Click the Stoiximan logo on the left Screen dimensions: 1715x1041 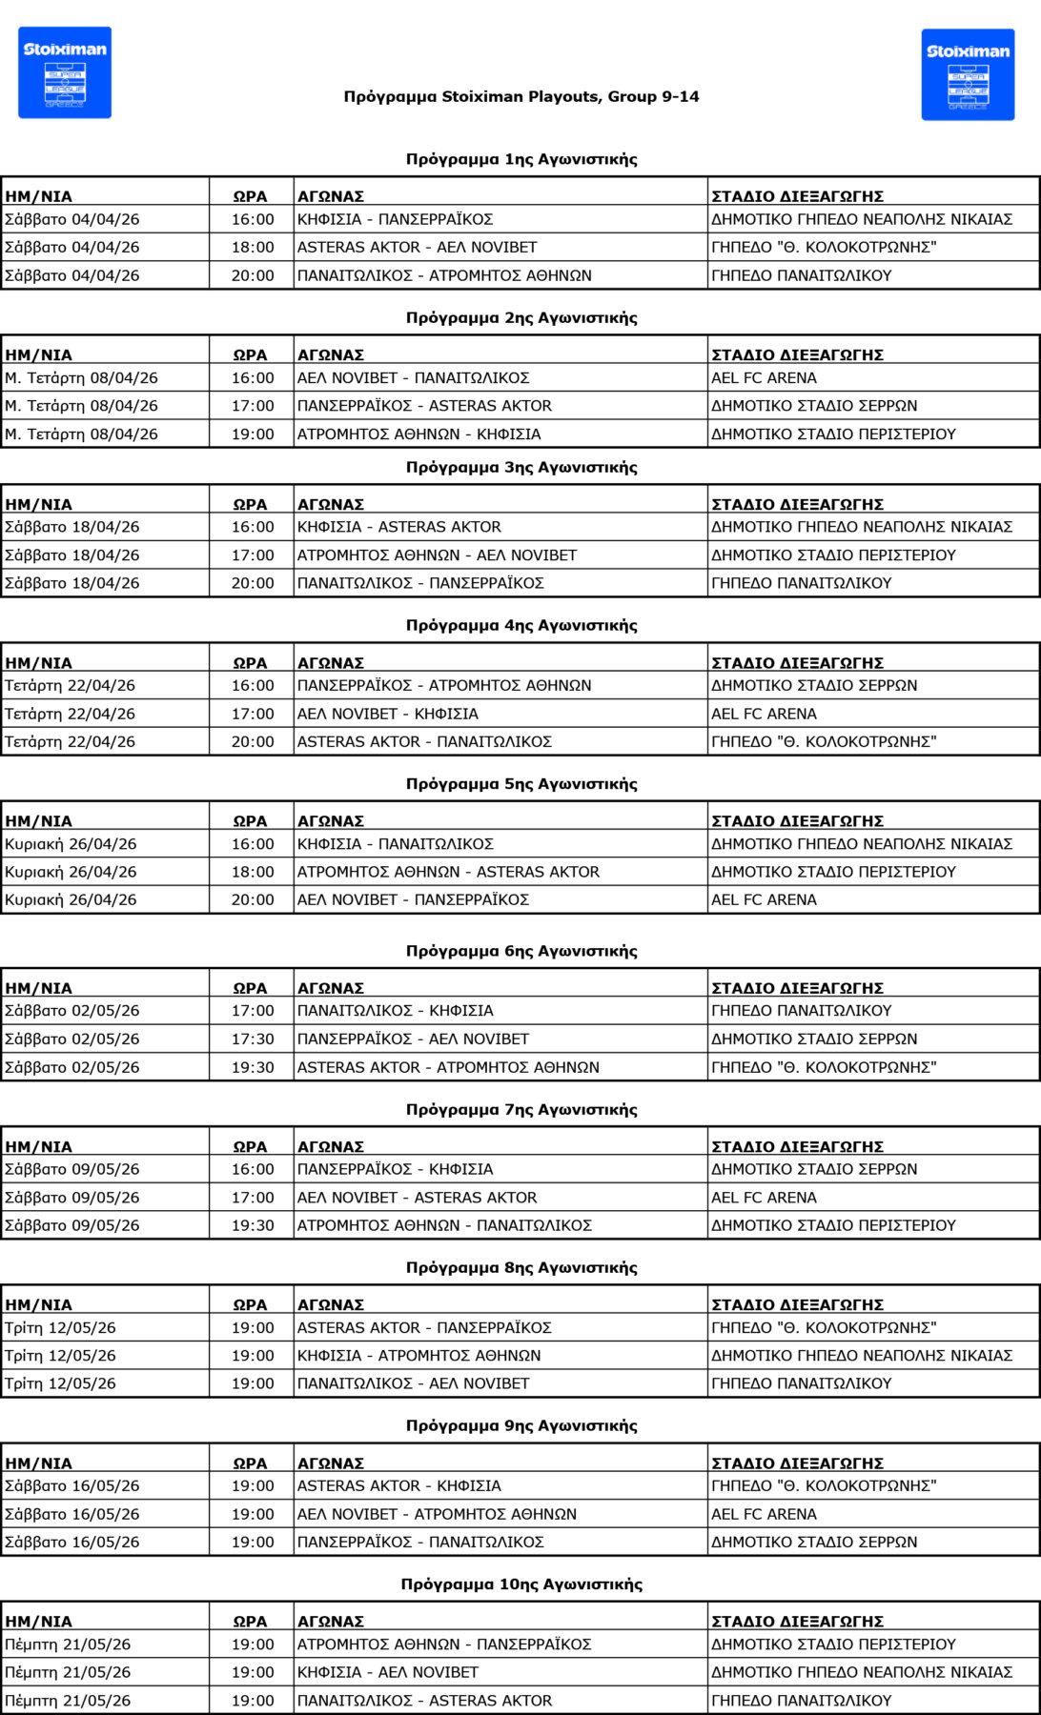pyautogui.click(x=65, y=72)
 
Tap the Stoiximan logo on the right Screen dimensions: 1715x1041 pyautogui.click(x=968, y=74)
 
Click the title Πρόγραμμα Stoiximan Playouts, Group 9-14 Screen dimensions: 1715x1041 pyautogui.click(x=521, y=96)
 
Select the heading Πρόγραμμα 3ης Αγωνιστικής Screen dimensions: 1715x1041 pyautogui.click(x=521, y=467)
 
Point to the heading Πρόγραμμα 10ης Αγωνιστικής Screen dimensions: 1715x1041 pyautogui.click(x=521, y=1584)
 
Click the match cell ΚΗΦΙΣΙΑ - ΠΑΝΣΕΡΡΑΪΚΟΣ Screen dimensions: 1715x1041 pyautogui.click(x=395, y=219)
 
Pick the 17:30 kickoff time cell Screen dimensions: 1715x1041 pyautogui.click(x=253, y=1039)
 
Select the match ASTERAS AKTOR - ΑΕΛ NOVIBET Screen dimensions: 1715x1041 pyautogui.click(x=417, y=247)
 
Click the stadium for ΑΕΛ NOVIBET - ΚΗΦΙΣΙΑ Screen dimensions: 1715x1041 pyautogui.click(x=764, y=714)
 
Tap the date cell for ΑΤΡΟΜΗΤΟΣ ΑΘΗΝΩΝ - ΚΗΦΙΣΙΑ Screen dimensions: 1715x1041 pyautogui.click(x=81, y=434)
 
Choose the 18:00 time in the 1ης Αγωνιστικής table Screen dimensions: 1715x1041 pyautogui.click(x=253, y=247)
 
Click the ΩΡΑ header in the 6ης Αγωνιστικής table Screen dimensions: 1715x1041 pyautogui.click(x=251, y=988)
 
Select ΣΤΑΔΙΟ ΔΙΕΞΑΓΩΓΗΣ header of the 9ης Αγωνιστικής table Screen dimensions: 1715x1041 pyautogui.click(x=797, y=1463)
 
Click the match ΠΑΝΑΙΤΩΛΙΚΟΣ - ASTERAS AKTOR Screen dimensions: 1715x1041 pyautogui.click(x=424, y=1700)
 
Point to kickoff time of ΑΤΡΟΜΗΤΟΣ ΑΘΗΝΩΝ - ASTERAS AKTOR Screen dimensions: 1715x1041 pyautogui.click(x=253, y=872)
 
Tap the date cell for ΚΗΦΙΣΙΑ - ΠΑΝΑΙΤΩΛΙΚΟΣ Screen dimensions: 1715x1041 pyautogui.click(x=71, y=844)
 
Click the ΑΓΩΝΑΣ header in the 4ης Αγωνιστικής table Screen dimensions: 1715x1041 pyautogui.click(x=331, y=662)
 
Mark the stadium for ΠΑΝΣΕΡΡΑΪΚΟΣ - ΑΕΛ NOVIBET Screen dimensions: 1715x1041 pyautogui.click(x=814, y=1039)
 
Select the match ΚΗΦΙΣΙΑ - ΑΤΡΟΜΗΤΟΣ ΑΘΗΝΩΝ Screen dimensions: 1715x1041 pyautogui.click(x=418, y=1355)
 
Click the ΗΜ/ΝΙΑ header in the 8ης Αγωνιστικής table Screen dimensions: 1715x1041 pyautogui.click(x=38, y=1304)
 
